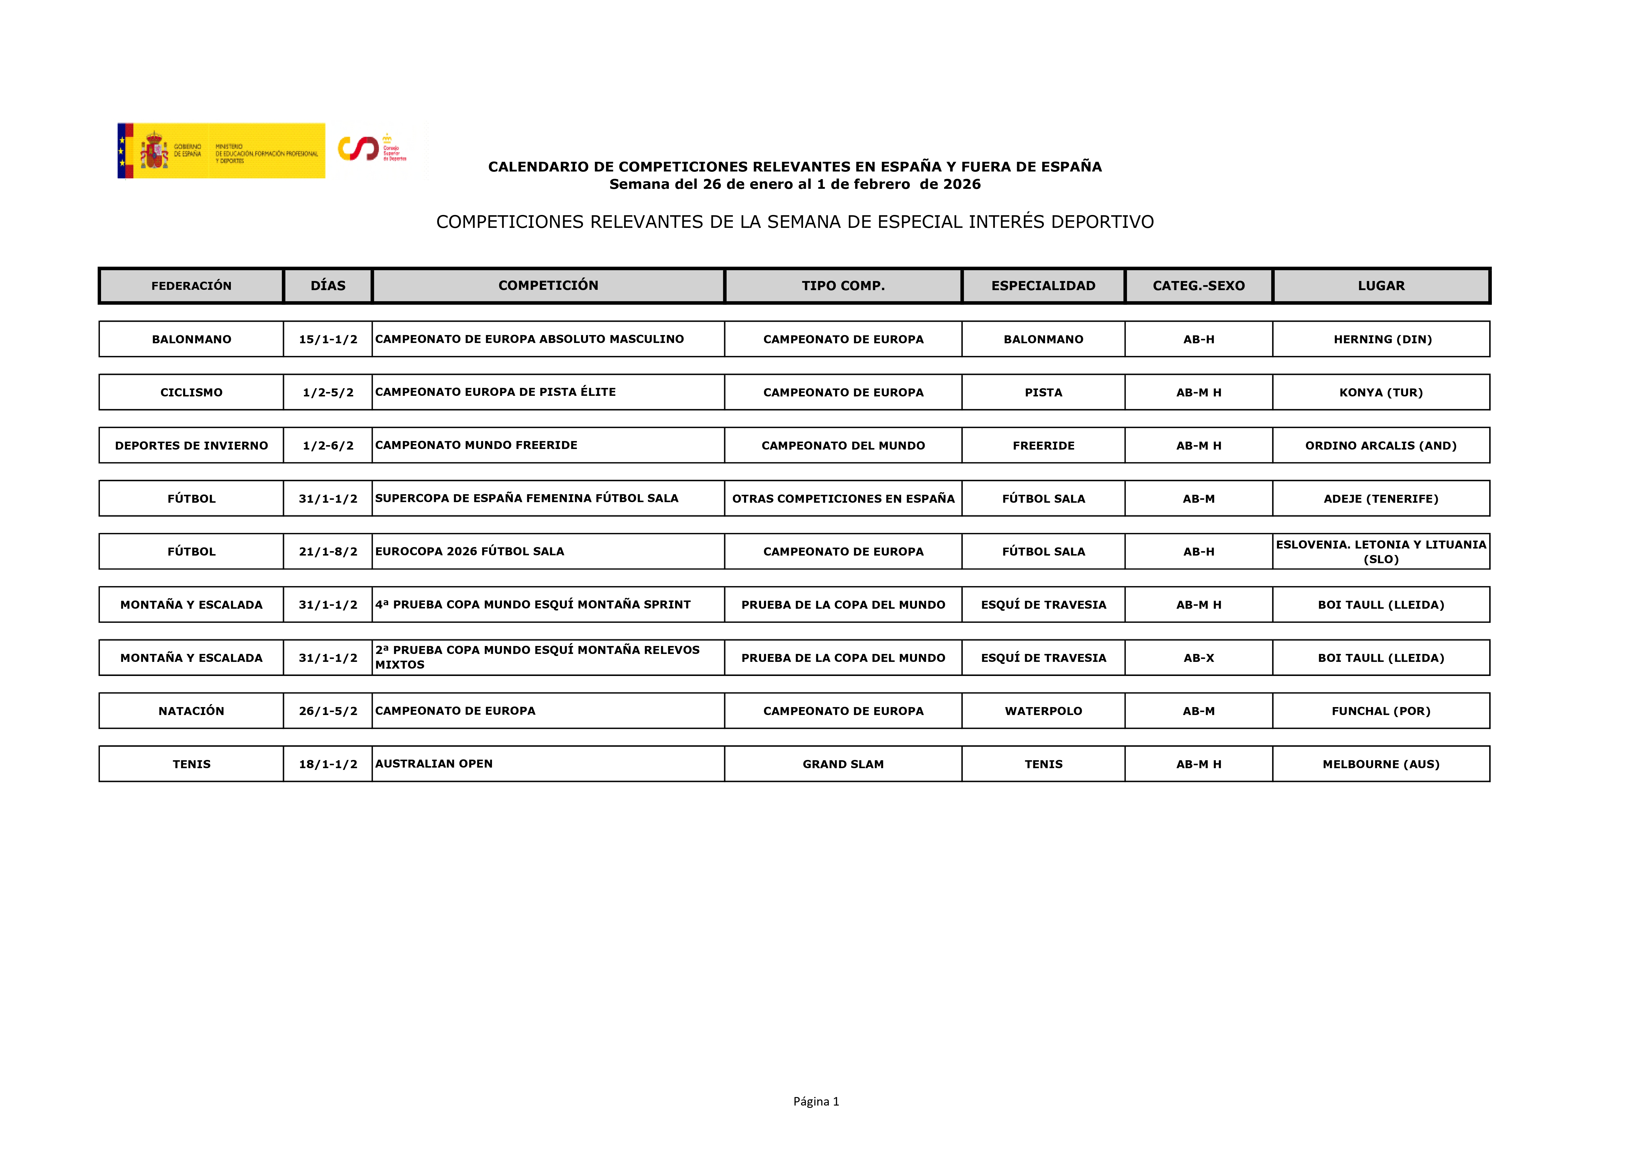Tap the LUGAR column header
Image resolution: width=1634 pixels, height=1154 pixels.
[x=1381, y=285]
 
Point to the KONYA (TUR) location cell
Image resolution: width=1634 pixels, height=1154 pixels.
[x=1381, y=392]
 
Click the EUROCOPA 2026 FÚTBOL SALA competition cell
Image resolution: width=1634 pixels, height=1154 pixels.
[x=470, y=551]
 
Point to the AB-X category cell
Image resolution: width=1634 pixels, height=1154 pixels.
[x=1198, y=657]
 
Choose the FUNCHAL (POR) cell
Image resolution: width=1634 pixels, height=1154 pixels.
[x=1381, y=711]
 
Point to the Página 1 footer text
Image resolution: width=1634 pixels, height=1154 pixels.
[x=816, y=1101]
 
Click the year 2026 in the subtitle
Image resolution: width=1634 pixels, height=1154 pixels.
[x=961, y=184]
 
